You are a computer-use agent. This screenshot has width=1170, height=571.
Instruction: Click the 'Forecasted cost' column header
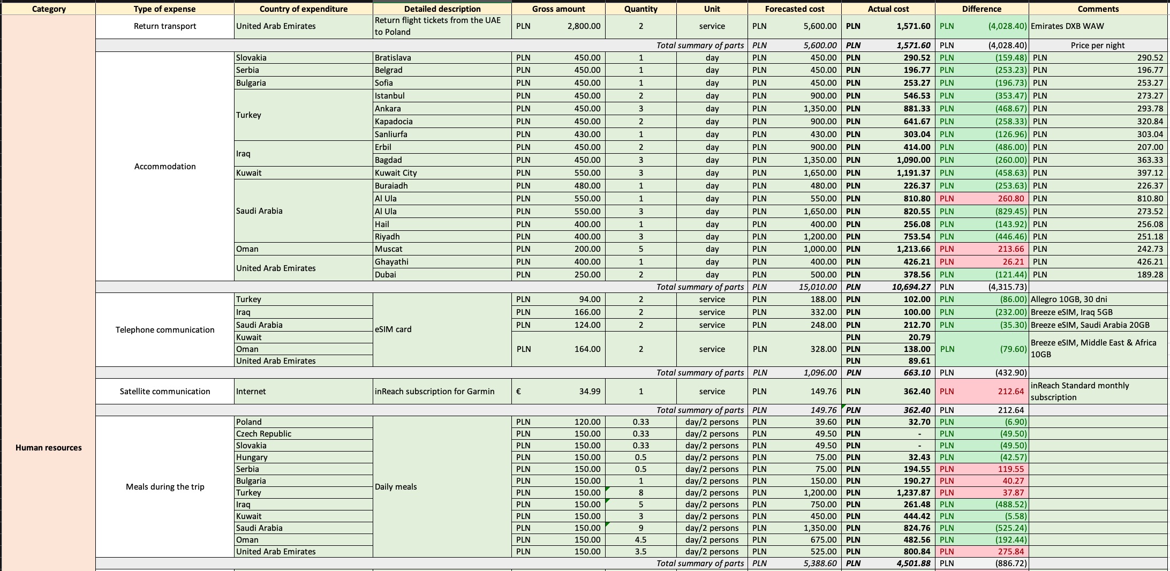pyautogui.click(x=795, y=9)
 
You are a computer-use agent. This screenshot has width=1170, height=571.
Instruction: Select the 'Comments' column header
pyautogui.click(x=1098, y=9)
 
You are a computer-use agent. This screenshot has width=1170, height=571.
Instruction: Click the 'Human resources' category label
pyautogui.click(x=49, y=448)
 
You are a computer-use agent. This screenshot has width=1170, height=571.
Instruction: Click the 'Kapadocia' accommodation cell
pyautogui.click(x=394, y=122)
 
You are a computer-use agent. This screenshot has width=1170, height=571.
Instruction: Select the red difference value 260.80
pyautogui.click(x=1011, y=199)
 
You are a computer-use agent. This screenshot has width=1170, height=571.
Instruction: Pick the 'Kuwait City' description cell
pyautogui.click(x=396, y=173)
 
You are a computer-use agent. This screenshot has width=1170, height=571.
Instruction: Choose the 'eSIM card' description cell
pyautogui.click(x=393, y=329)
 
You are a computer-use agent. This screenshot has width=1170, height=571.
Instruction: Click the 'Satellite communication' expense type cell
pyautogui.click(x=165, y=392)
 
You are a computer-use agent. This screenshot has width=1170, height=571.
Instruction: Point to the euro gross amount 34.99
pyautogui.click(x=590, y=392)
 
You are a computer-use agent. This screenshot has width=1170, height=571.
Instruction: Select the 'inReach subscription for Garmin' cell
pyautogui.click(x=434, y=392)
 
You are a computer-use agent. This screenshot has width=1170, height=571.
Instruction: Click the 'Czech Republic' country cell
pyautogui.click(x=263, y=434)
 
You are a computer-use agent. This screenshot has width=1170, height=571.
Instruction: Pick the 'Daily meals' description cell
pyautogui.click(x=396, y=487)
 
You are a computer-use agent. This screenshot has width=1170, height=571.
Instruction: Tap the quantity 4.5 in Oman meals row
pyautogui.click(x=640, y=540)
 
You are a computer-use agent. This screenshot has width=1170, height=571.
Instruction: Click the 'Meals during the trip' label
pyautogui.click(x=165, y=487)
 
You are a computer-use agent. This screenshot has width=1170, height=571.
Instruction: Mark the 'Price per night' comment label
pyautogui.click(x=1098, y=46)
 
